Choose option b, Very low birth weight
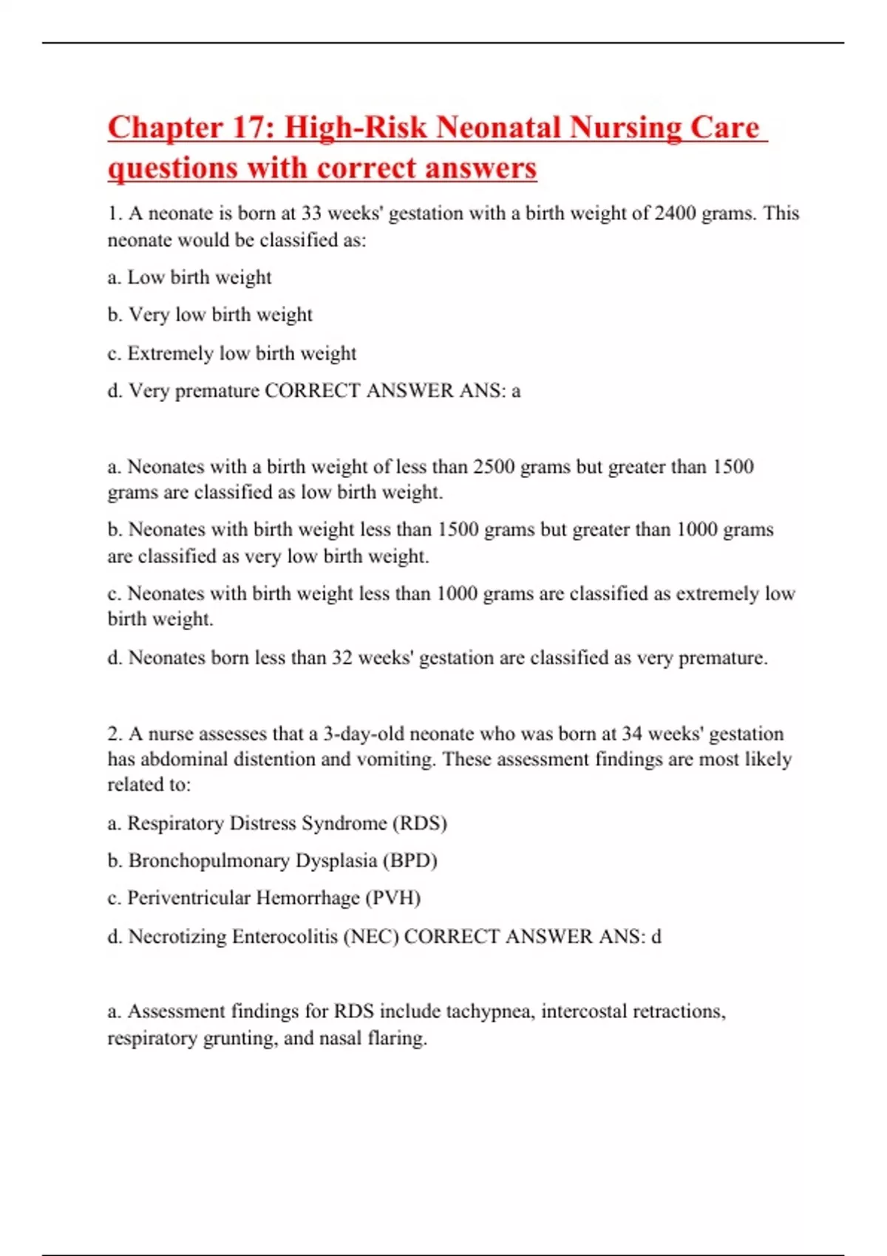210,315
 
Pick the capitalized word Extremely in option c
171,353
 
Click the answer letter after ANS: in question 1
516,391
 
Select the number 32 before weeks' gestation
341,658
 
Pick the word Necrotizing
177,937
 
